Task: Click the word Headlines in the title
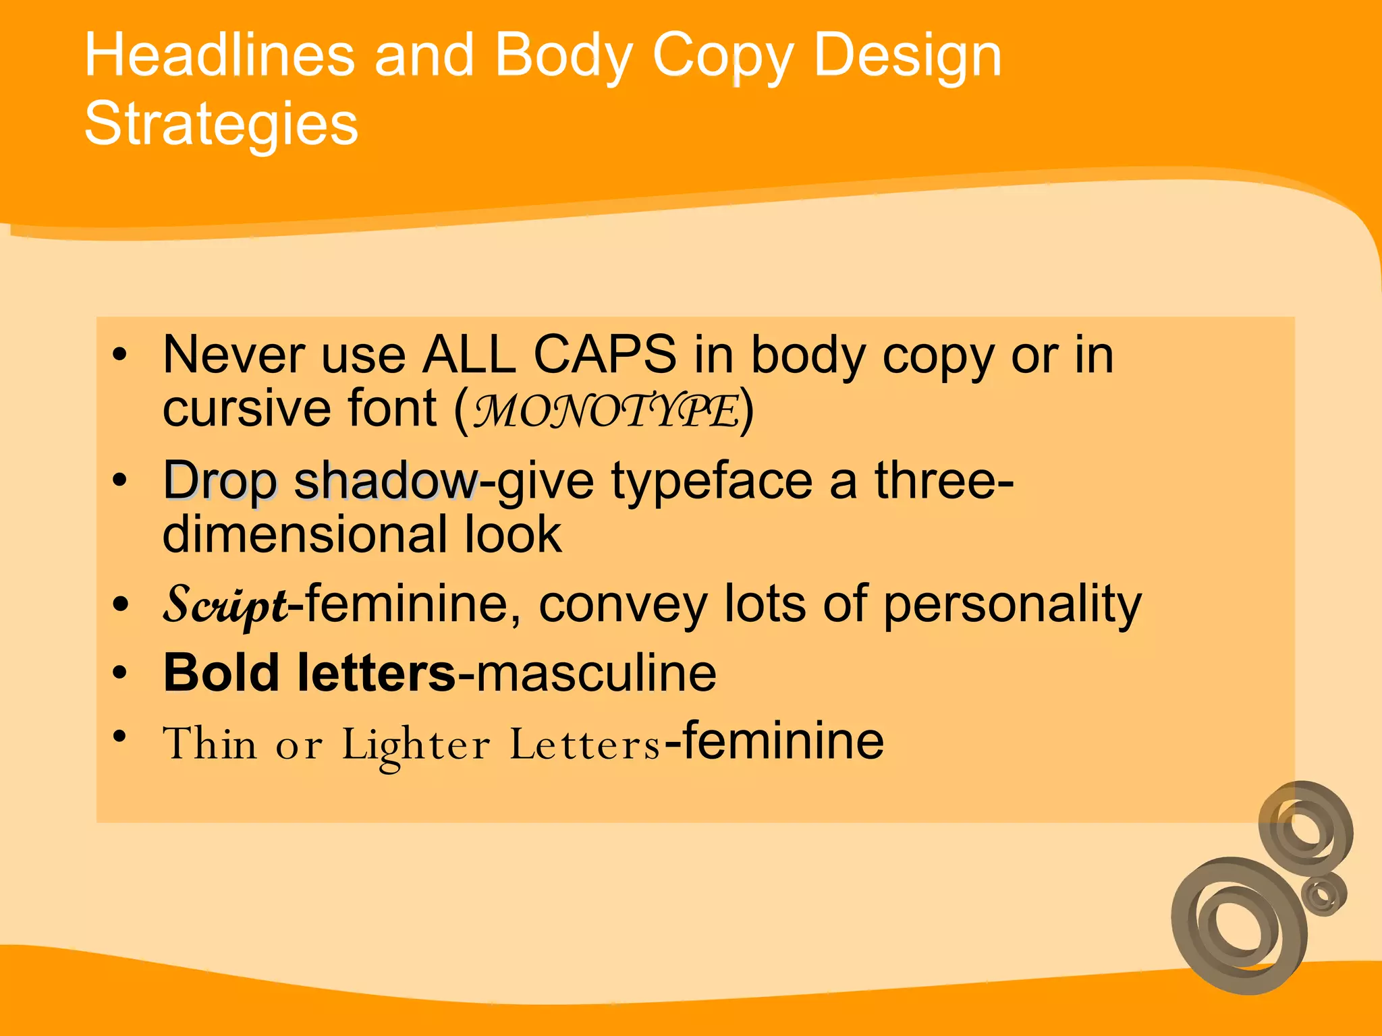tap(219, 55)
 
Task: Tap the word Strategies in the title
tap(221, 124)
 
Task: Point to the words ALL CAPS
tap(549, 355)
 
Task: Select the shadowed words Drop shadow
tap(321, 482)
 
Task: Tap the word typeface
tap(712, 482)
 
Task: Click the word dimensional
tap(304, 535)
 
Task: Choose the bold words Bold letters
tap(310, 673)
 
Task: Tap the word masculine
tap(596, 673)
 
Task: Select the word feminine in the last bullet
tap(783, 741)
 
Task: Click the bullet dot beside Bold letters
tap(119, 672)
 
